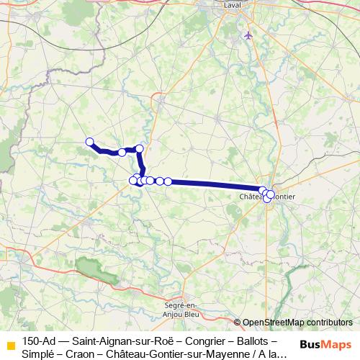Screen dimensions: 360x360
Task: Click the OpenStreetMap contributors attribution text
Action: point(297,323)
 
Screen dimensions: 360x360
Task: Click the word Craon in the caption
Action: point(81,354)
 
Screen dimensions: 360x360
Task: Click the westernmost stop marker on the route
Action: point(90,142)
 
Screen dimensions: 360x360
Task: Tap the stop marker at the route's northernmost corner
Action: point(140,148)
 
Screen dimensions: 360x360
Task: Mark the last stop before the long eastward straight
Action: point(168,181)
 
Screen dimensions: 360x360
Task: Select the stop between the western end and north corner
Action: point(122,152)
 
